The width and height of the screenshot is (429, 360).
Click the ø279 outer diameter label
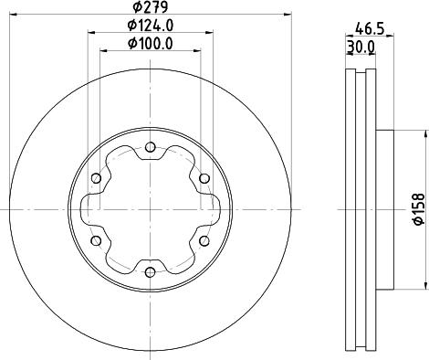pyautogui.click(x=152, y=11)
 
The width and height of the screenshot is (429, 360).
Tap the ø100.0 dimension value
pyautogui.click(x=152, y=44)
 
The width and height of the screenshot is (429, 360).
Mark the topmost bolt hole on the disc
pyautogui.click(x=151, y=146)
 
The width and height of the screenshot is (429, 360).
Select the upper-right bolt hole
pyautogui.click(x=204, y=177)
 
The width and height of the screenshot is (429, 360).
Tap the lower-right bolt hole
pyautogui.click(x=204, y=240)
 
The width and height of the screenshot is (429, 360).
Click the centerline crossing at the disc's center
pyautogui.click(x=151, y=208)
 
